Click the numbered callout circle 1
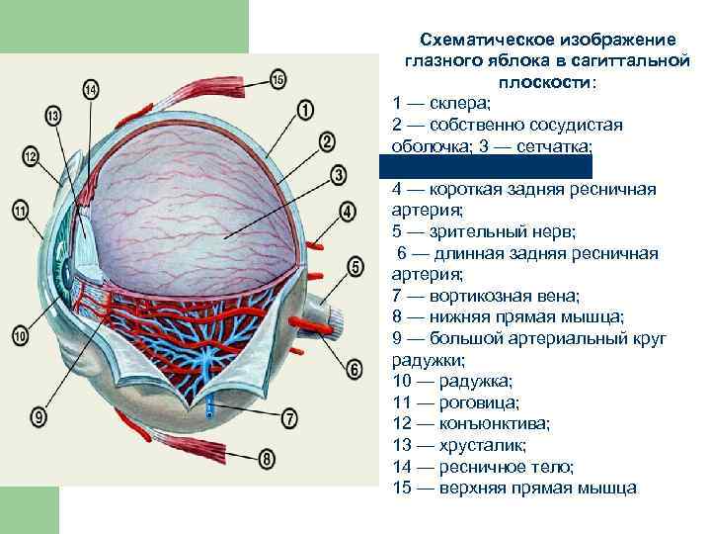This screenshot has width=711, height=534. [x=305, y=109]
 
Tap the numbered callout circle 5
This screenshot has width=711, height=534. [x=356, y=266]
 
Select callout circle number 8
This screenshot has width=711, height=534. [x=268, y=459]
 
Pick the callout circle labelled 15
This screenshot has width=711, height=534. [x=277, y=78]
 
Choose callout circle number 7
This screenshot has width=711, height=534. [x=289, y=418]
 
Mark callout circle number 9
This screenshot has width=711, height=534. [x=40, y=418]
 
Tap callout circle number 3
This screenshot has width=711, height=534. [x=339, y=176]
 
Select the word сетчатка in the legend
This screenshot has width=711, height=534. [x=555, y=146]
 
